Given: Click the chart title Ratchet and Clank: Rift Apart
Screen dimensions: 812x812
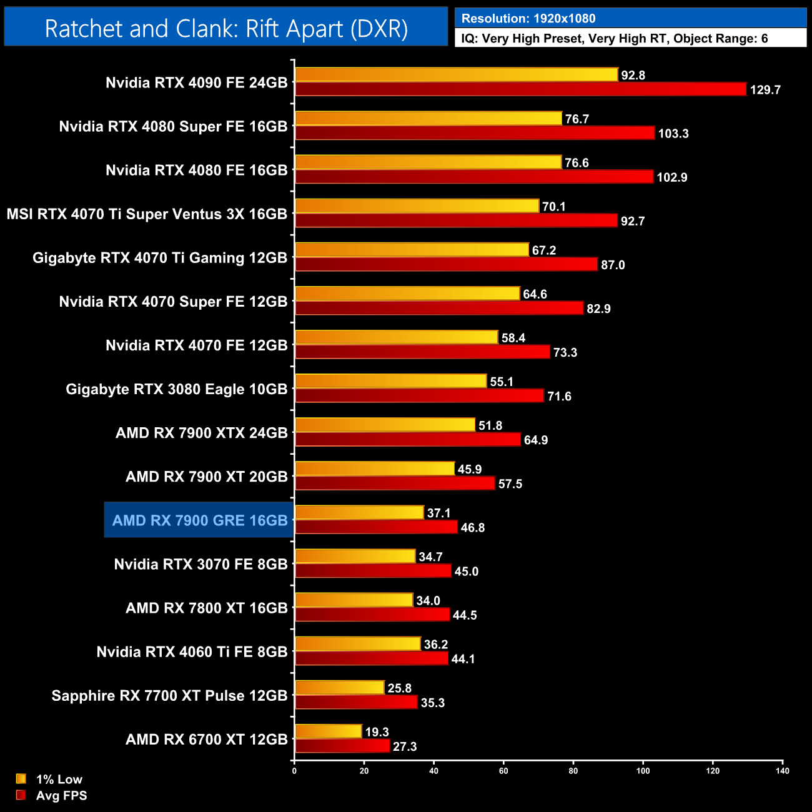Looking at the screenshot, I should [226, 29].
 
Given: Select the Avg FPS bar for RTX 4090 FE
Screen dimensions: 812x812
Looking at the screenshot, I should [520, 89].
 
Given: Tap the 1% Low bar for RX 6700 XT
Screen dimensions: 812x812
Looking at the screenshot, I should [329, 731].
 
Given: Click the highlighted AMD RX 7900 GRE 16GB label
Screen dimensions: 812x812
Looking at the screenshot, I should [199, 520].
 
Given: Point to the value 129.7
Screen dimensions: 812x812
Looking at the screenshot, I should [765, 90].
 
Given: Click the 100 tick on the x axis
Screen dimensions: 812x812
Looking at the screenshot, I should [643, 771].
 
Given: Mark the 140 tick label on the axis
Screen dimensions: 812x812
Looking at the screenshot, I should [782, 771].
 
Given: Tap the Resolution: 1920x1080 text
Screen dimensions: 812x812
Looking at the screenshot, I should [528, 19].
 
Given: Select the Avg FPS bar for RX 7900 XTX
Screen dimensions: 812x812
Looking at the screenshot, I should [408, 440].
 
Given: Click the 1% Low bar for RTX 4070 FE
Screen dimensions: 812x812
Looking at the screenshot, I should [397, 337].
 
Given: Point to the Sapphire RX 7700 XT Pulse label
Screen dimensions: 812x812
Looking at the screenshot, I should [169, 695].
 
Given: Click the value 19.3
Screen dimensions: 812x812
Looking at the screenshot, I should [377, 732].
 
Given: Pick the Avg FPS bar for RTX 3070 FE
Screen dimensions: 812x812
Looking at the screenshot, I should [373, 571].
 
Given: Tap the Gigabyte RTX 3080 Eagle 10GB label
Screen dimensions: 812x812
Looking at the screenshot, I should [176, 389].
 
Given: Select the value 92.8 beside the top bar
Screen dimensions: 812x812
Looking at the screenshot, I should [633, 76].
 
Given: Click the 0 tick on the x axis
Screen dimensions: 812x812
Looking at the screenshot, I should [294, 771].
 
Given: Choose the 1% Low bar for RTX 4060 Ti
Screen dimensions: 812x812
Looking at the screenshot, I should [358, 644].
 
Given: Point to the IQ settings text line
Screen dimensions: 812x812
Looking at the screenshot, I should [615, 39].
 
